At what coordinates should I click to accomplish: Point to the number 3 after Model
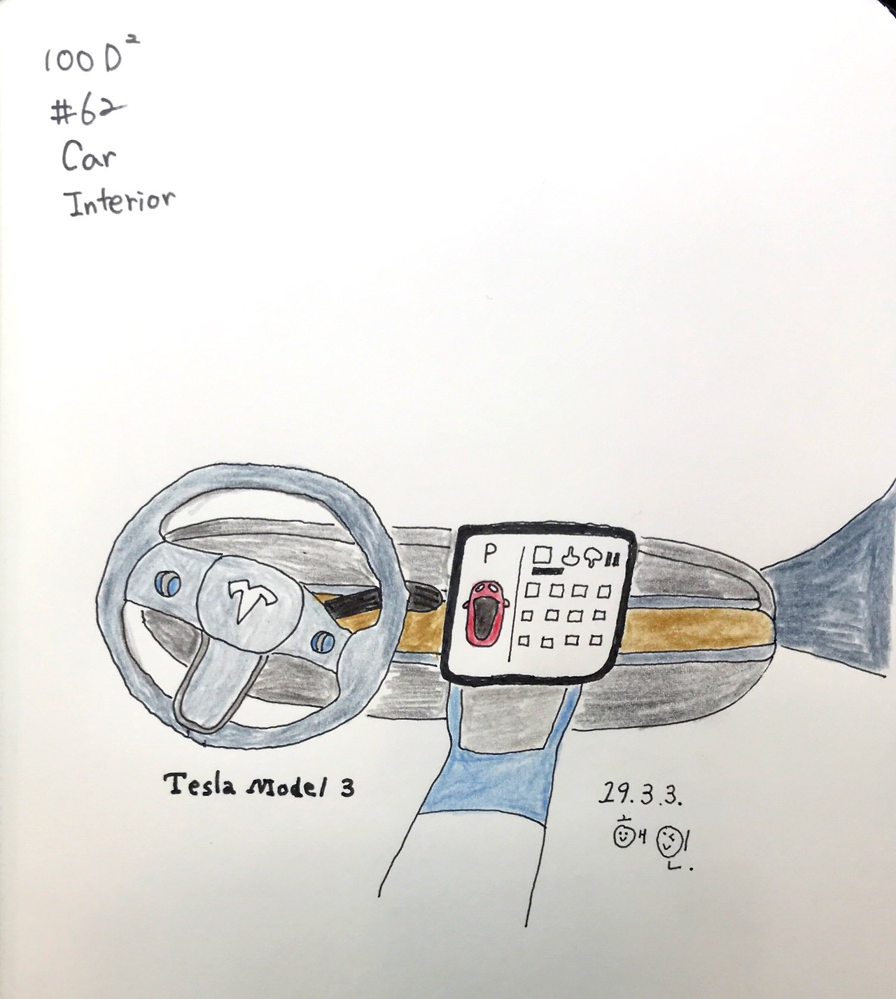point(346,788)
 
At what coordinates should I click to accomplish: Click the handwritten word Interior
point(119,203)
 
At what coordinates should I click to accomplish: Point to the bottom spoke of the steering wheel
point(210,693)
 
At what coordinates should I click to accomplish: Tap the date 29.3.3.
point(640,795)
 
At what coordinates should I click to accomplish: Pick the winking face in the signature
point(667,839)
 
